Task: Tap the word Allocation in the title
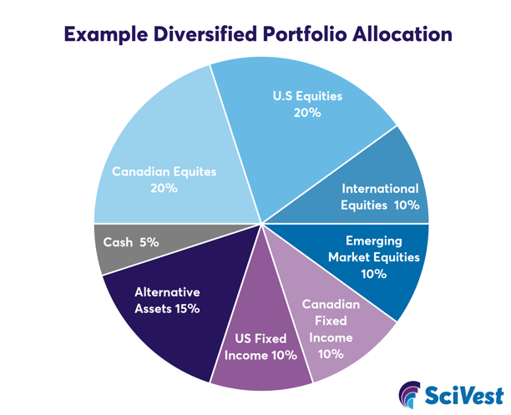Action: (x=395, y=35)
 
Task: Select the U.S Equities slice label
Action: (x=307, y=96)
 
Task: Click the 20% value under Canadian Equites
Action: (x=164, y=188)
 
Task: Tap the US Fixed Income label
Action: (x=261, y=347)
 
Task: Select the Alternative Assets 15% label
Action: (x=167, y=301)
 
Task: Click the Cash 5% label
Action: (x=131, y=242)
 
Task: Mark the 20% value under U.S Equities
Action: (x=307, y=112)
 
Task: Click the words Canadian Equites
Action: (x=164, y=172)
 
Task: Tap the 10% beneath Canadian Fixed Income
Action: (x=331, y=353)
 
